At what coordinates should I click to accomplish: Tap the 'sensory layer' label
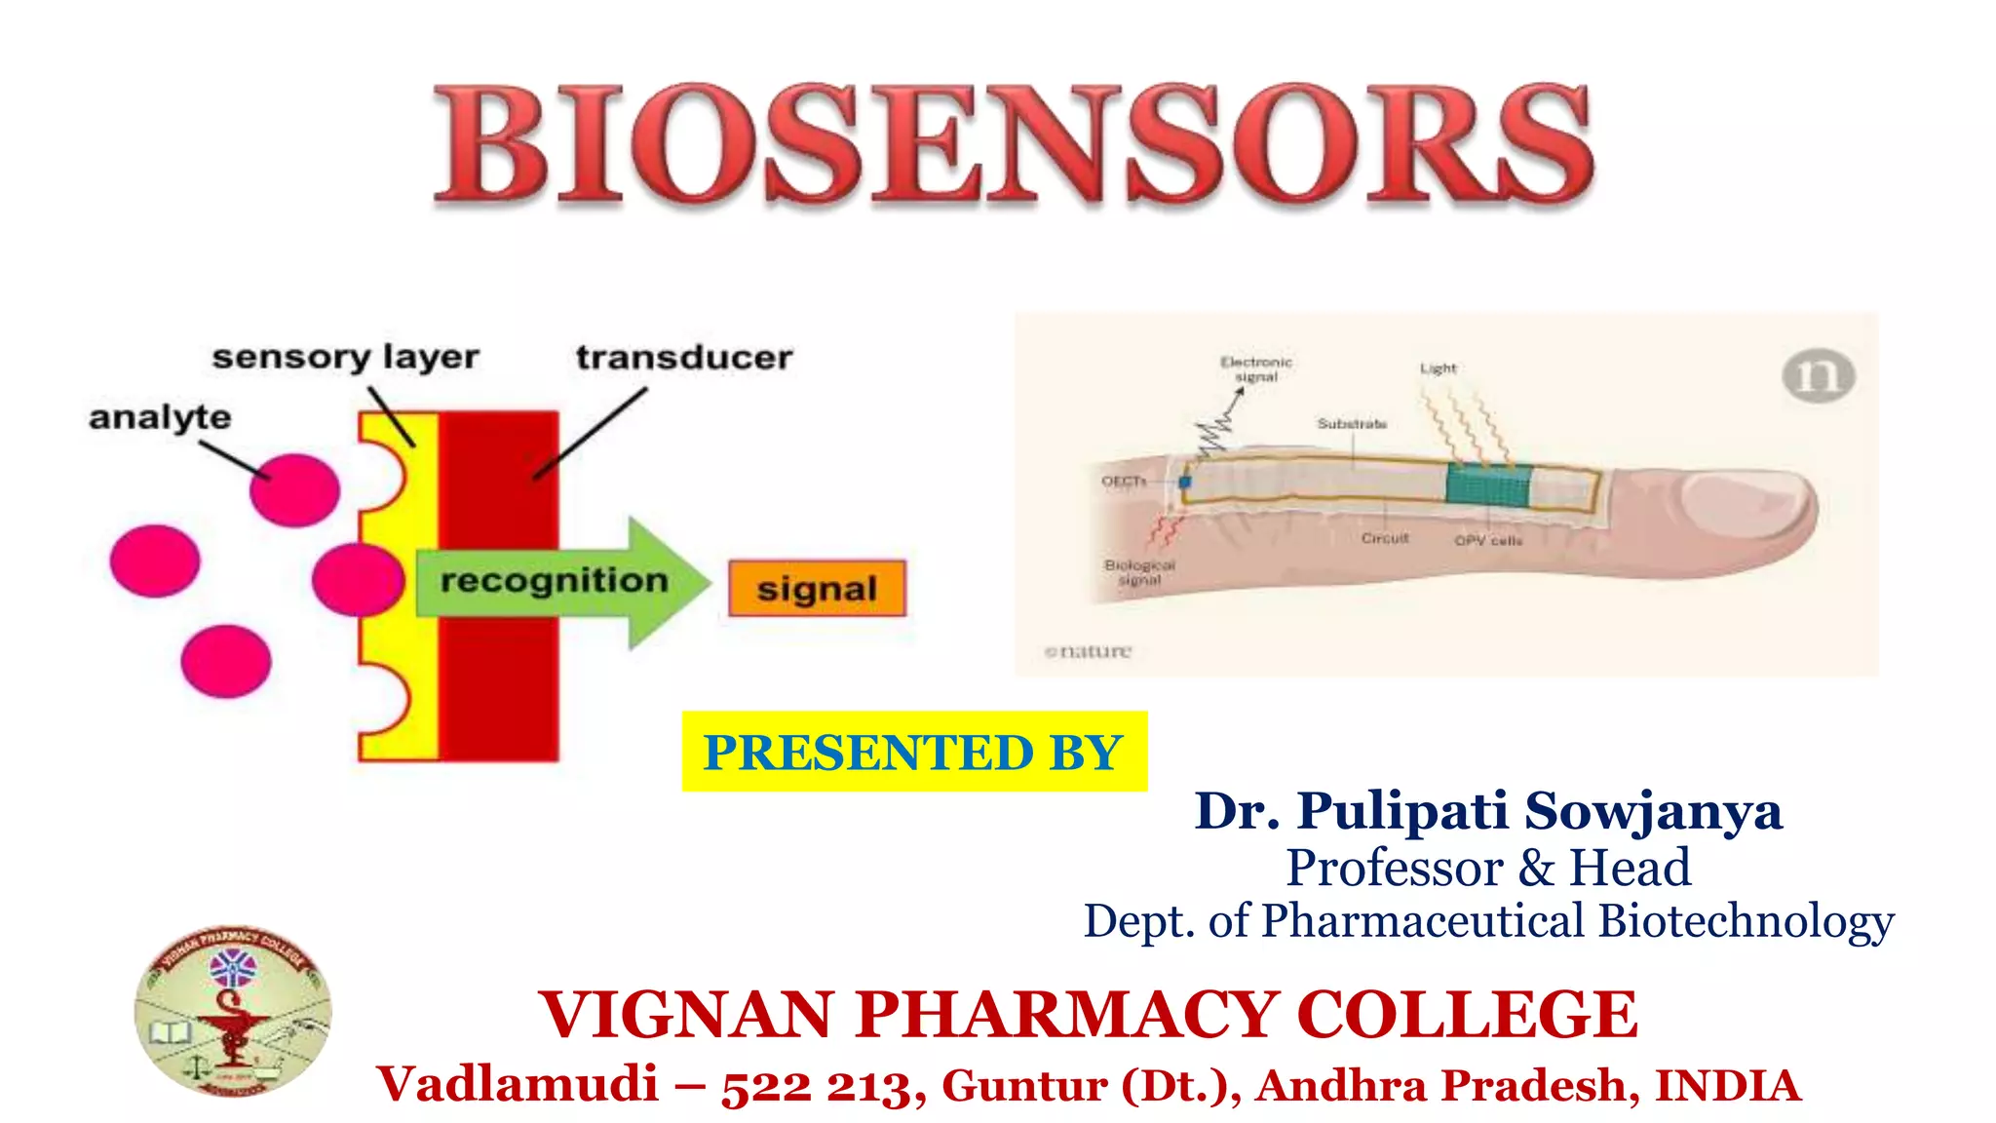tap(345, 358)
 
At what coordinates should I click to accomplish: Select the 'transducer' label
tap(684, 358)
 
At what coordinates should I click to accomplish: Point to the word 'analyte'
tap(160, 417)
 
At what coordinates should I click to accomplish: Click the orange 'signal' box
tap(817, 589)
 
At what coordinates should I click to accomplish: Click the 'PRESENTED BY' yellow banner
tap(914, 752)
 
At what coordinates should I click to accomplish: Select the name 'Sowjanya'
tap(1653, 811)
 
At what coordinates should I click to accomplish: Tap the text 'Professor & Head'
tap(1488, 868)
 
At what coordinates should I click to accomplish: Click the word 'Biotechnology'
tap(1746, 921)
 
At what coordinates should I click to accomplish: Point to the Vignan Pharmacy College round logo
tap(233, 1011)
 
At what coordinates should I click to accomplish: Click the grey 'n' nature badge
tap(1818, 376)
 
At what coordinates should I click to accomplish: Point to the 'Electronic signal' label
tap(1256, 369)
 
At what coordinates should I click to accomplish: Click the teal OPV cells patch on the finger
tap(1488, 484)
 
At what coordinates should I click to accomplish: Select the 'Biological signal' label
tap(1139, 572)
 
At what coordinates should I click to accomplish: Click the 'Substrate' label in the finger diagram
tap(1352, 424)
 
